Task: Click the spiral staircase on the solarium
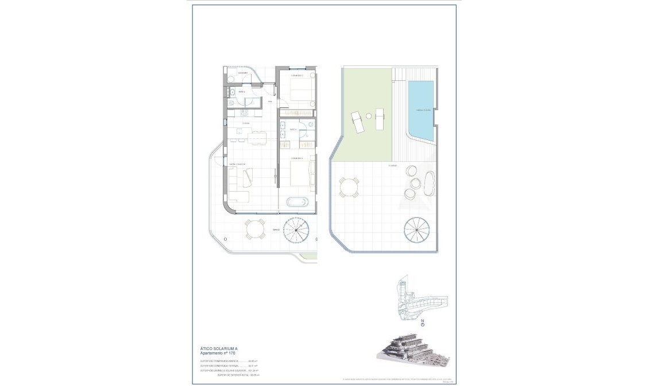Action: pyautogui.click(x=418, y=229)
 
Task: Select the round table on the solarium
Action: pyautogui.click(x=349, y=188)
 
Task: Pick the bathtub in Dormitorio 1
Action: pyautogui.click(x=297, y=202)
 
